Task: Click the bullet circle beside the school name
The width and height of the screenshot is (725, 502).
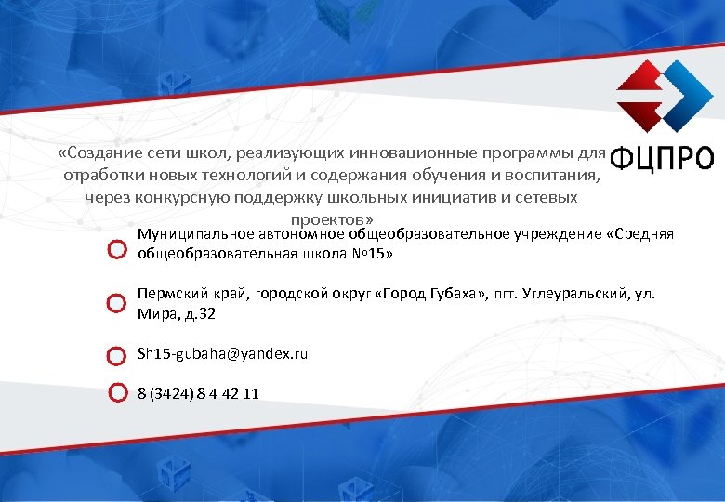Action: click(116, 251)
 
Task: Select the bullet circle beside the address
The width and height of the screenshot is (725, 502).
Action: click(116, 303)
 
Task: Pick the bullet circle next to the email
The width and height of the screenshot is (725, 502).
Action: click(116, 355)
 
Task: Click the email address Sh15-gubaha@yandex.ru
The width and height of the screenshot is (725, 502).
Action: click(222, 354)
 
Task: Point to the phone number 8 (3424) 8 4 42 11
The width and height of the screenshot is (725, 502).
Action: click(198, 393)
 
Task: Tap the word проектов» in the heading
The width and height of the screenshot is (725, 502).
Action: click(332, 220)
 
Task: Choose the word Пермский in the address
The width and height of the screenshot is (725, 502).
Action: click(170, 293)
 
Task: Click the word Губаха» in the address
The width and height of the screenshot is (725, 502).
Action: click(455, 293)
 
